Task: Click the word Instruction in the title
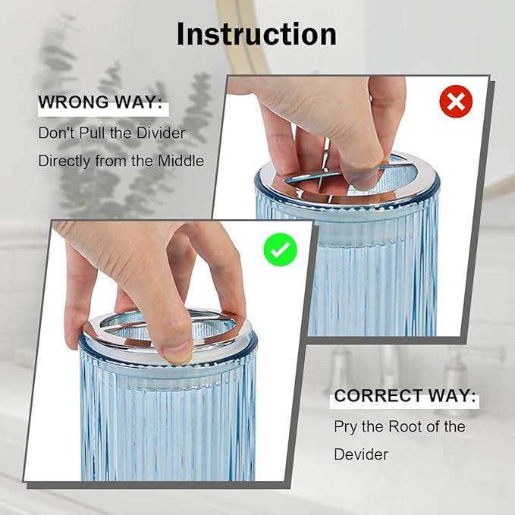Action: pyautogui.click(x=256, y=34)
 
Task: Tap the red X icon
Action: pyautogui.click(x=456, y=101)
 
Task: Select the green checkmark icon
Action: pyautogui.click(x=280, y=250)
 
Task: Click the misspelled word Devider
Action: pyautogui.click(x=361, y=454)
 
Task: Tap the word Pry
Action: pyautogui.click(x=345, y=427)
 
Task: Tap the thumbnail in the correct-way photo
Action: pyautogui.click(x=177, y=356)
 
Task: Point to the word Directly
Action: pyautogui.click(x=64, y=162)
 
